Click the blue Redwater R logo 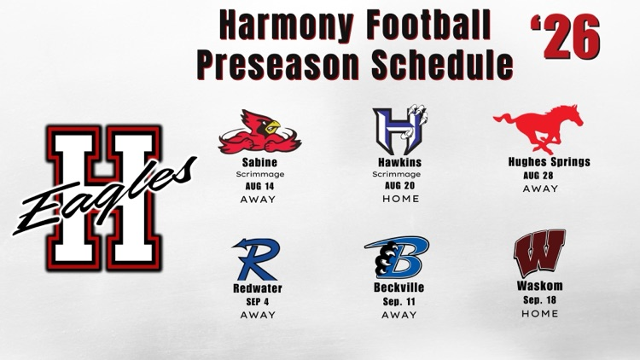[x=256, y=258]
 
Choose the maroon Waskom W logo [x=539, y=253]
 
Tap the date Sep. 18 [x=539, y=300]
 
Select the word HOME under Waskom [x=539, y=313]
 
